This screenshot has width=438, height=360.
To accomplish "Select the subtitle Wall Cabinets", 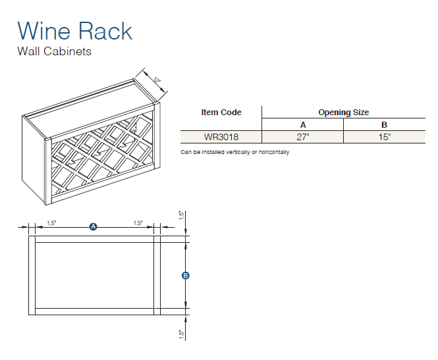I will click(x=54, y=51).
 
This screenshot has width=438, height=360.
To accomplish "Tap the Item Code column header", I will click(x=221, y=113).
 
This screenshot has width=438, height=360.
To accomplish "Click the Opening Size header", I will click(x=344, y=113).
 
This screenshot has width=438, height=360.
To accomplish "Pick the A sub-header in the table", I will click(x=303, y=125).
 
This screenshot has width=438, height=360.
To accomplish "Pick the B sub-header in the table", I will click(x=385, y=125).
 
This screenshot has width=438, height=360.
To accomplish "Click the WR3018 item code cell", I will click(x=221, y=138).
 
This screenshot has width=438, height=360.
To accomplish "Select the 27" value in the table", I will click(x=303, y=138).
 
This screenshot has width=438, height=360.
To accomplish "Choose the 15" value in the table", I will click(x=385, y=138).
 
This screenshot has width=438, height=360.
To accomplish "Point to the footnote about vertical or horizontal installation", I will click(x=234, y=152).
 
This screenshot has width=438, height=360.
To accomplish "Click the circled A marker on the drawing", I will click(x=94, y=226).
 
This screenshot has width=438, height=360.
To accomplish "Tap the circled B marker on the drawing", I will click(x=186, y=276).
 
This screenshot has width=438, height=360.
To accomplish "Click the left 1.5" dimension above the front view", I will click(x=52, y=223).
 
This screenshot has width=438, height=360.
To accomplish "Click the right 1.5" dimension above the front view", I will click(x=138, y=223).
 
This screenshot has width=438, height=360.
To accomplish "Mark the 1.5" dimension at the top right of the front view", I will click(x=181, y=216).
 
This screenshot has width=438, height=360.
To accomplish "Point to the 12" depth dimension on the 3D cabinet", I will click(x=156, y=81).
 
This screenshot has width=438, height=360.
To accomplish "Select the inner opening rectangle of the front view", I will click(x=94, y=276).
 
